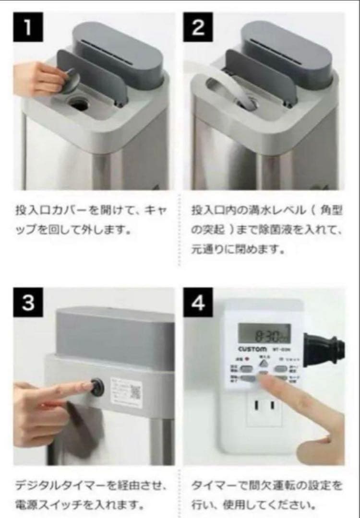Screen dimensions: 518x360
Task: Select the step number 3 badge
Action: coord(28,304)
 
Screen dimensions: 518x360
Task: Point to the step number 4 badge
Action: coord(198,304)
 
